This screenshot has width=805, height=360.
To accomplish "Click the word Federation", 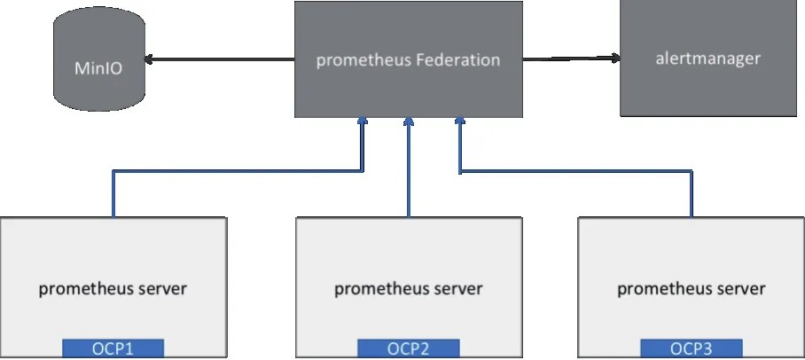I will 457,60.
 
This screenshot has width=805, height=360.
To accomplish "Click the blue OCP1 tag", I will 113,348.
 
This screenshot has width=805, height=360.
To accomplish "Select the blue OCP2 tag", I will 408,348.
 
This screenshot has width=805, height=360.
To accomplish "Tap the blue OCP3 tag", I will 691,348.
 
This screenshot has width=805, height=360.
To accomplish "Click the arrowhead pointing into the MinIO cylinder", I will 148,60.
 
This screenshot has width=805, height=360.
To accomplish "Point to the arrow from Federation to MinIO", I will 222,60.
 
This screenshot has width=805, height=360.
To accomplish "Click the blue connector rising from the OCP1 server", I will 113,191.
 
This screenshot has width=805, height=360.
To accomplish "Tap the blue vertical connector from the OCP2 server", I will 408,173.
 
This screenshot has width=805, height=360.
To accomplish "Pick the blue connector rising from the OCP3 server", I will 691,191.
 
